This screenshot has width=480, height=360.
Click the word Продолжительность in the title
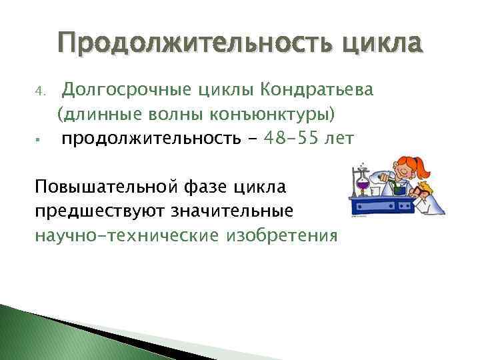192,44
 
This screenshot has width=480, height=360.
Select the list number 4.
39,89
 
